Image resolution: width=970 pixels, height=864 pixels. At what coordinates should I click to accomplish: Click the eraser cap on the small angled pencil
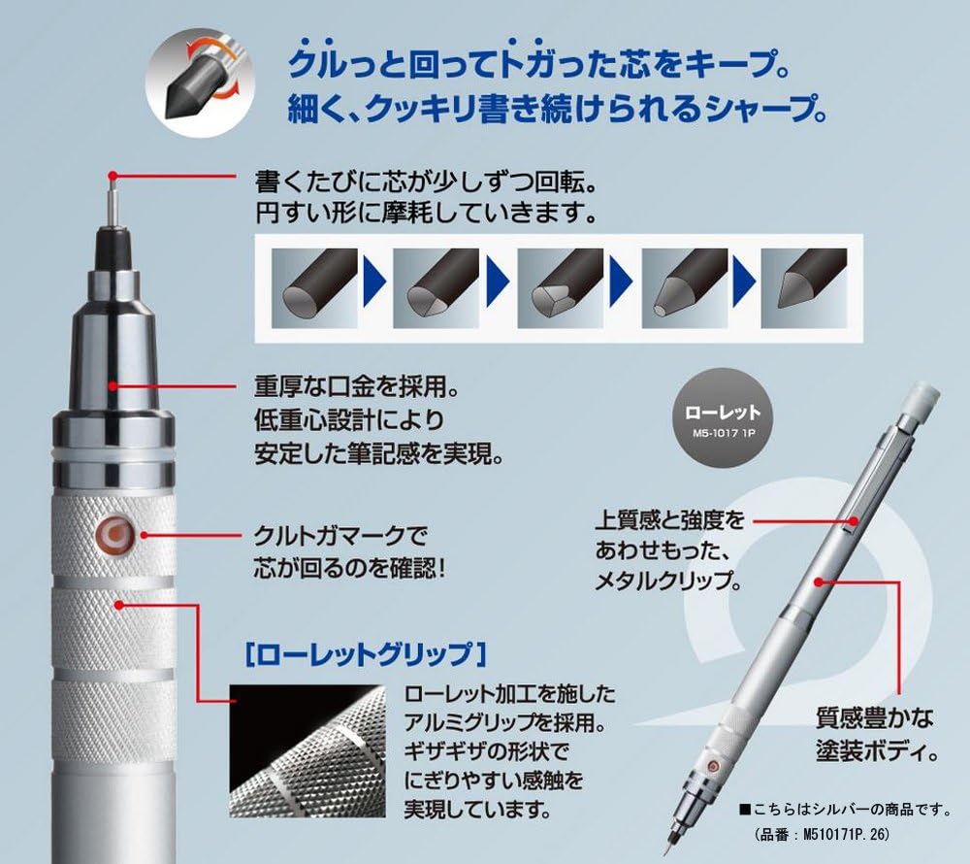tap(921, 398)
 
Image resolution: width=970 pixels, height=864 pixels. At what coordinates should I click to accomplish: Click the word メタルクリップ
tap(669, 583)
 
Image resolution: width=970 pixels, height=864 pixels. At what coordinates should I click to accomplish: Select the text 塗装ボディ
tap(874, 750)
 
